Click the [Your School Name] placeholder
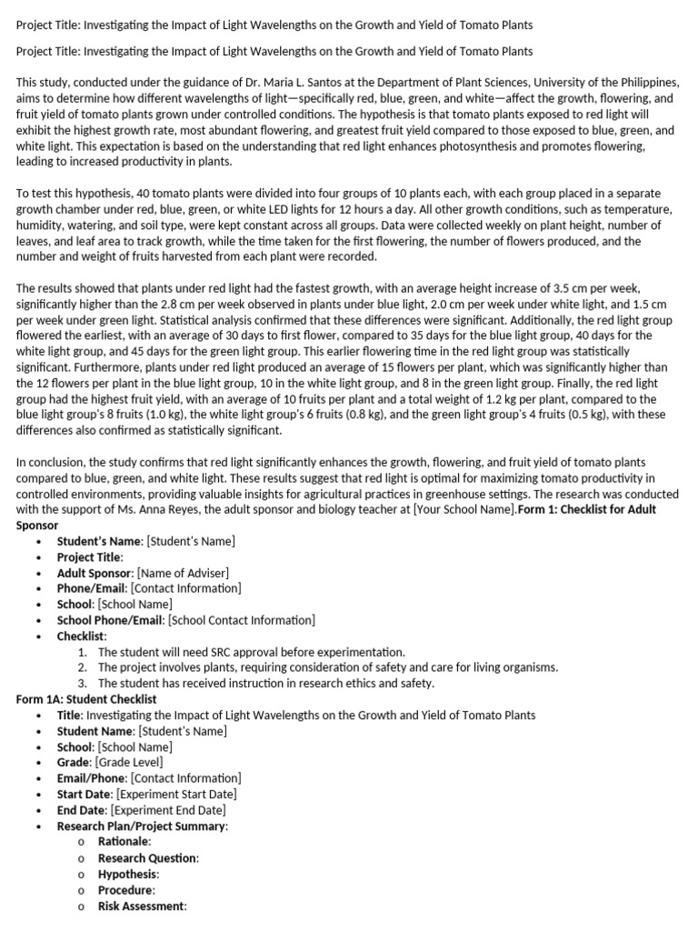point(464,509)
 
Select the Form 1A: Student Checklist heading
point(86,699)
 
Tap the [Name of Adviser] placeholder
point(183,573)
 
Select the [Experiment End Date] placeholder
point(168,810)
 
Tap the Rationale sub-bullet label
point(125,842)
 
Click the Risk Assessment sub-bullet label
point(141,906)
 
